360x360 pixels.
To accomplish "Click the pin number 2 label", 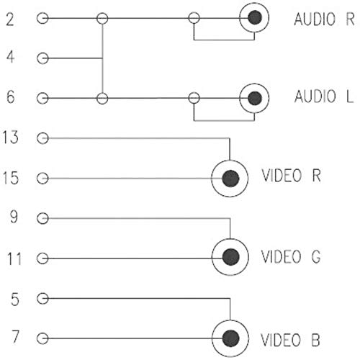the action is [x=10, y=19].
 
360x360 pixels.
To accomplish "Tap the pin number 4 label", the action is [x=10, y=57].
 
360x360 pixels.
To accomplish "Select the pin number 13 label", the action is [x=11, y=137].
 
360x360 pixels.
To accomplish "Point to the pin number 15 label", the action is [x=11, y=178].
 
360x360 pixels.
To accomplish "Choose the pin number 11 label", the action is [x=14, y=258].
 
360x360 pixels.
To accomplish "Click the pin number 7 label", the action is [x=15, y=336].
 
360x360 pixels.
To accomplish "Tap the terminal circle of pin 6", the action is [x=42, y=99].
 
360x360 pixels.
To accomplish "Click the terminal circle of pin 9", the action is [x=42, y=218].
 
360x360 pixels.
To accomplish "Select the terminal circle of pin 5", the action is [x=42, y=299].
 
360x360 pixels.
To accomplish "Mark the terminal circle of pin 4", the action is [x=42, y=58].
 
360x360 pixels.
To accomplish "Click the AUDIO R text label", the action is [x=324, y=19].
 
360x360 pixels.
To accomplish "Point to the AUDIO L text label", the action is [x=324, y=96].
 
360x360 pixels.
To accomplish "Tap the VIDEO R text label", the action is [x=291, y=176].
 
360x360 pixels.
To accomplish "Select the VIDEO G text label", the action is [x=291, y=256].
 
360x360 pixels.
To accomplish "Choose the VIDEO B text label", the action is [x=290, y=340].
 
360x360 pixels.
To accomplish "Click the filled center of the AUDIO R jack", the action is [x=255, y=17].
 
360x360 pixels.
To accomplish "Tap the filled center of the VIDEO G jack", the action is [x=231, y=257].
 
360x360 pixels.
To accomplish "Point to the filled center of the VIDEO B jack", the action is [x=231, y=338].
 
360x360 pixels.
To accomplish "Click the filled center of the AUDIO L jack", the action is [x=255, y=98].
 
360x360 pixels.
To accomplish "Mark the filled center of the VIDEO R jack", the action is [x=231, y=179].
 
